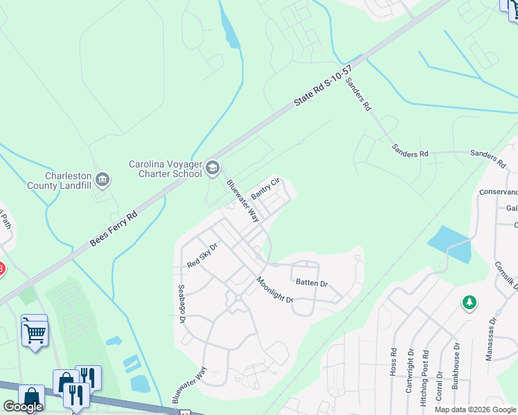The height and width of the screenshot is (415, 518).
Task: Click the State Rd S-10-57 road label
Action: [323, 86]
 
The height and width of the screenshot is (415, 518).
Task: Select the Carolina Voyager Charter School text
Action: [166, 169]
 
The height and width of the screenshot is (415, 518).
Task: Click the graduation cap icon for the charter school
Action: [213, 169]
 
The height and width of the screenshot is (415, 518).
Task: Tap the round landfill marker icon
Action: [103, 181]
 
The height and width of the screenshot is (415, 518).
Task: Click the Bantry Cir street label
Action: [265, 189]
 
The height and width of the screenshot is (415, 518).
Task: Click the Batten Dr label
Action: [312, 283]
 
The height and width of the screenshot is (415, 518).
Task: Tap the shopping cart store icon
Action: [35, 333]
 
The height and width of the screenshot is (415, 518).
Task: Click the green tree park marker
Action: [470, 303]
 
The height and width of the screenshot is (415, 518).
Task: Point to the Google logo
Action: [23, 407]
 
